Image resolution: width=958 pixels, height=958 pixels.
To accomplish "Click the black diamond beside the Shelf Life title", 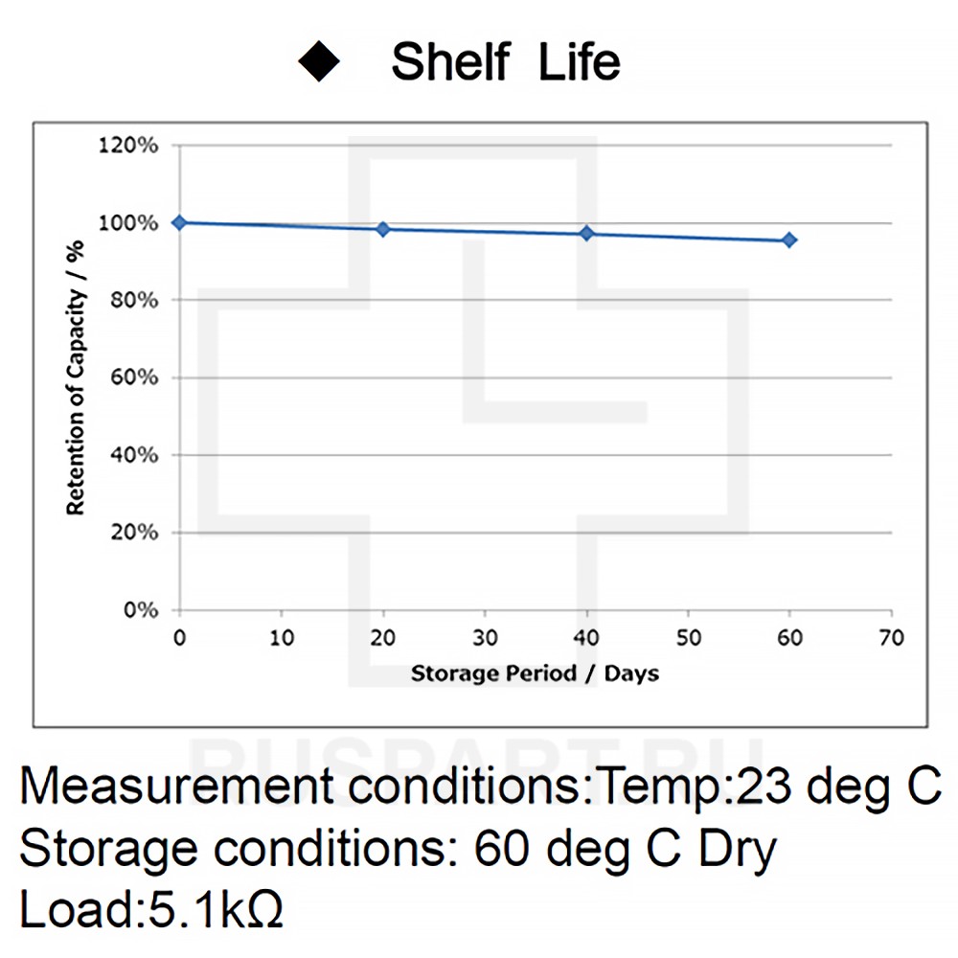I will pos(320,62).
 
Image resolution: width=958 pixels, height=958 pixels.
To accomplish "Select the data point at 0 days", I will pos(179,222).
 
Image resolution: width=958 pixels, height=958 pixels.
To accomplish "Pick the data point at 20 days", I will pos(383,229).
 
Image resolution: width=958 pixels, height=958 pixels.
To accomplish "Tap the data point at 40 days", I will pos(586,234).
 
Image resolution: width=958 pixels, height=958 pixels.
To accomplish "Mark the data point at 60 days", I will pos(789,239).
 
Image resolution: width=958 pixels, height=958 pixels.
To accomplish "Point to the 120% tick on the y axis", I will pos(136,146).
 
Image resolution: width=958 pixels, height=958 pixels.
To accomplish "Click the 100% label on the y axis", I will pos(136,223).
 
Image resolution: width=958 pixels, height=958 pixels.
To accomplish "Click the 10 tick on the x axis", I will pos(282,638).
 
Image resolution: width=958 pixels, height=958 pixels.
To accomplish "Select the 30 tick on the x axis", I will pos(485,638).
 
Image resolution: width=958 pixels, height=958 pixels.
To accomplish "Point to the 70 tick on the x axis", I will pos(891,638).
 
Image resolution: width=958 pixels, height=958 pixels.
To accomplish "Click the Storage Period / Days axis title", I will pos(535,673).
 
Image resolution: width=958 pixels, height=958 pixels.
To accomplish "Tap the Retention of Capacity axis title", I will pos(76,377).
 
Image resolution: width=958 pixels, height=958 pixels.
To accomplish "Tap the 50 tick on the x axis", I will pos(688,638).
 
